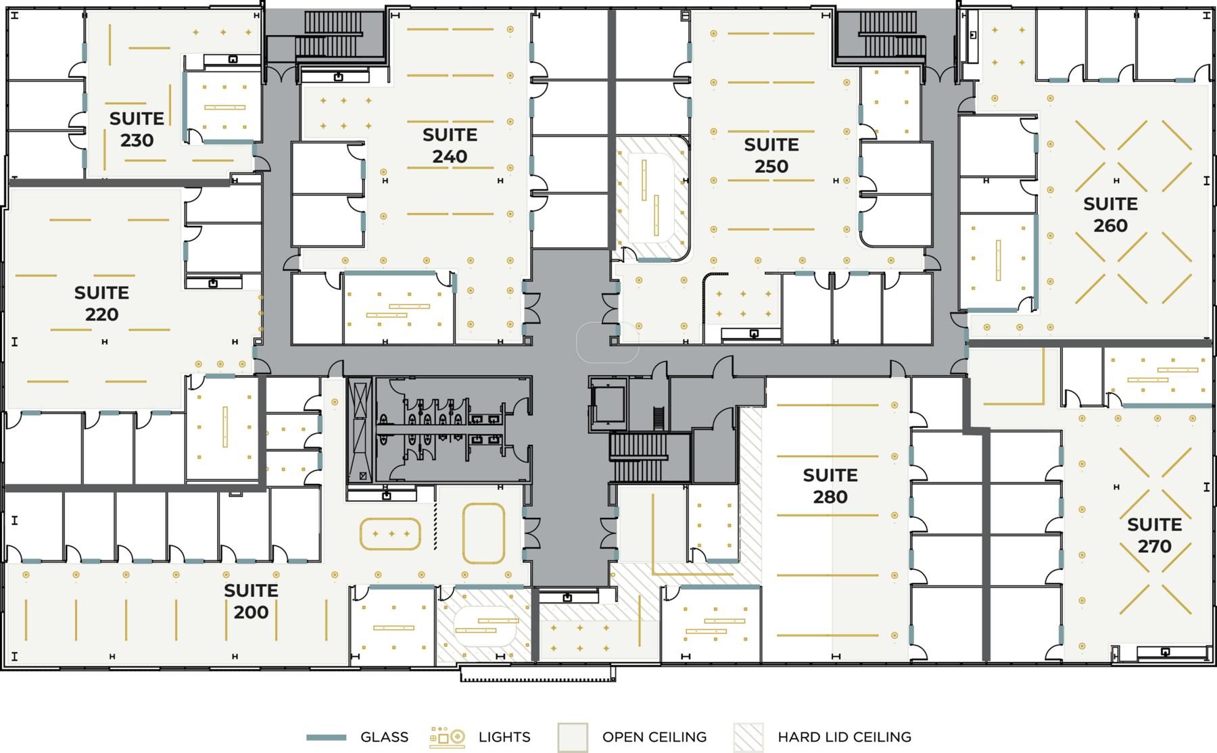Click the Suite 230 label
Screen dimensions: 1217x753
[x=137, y=129]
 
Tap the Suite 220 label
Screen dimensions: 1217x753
[x=101, y=303]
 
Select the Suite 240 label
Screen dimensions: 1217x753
[x=450, y=145]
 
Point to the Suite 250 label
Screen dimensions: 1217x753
[x=771, y=155]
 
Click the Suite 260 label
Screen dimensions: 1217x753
[x=1110, y=215]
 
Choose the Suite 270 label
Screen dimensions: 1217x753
[x=1154, y=535]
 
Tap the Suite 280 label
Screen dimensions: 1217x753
[x=830, y=486]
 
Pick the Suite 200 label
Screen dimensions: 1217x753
[x=251, y=601]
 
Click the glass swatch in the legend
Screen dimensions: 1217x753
[x=327, y=737]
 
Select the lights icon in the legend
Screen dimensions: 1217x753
[x=447, y=737]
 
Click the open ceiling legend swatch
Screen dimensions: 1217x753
[x=573, y=737]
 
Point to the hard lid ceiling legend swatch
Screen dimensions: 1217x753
[x=748, y=737]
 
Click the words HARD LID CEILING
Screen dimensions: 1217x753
[x=844, y=737]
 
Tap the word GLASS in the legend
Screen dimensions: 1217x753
[x=384, y=737]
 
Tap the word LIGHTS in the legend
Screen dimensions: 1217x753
[x=504, y=737]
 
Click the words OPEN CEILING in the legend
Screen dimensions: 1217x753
[x=654, y=737]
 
